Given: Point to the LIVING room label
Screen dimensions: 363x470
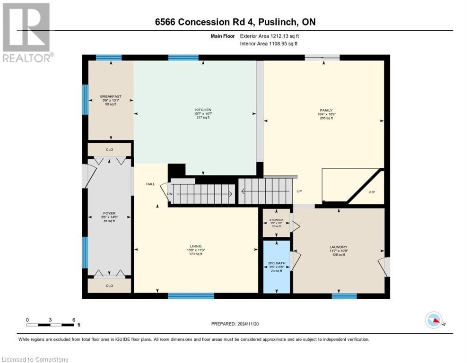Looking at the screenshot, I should (x=196, y=246).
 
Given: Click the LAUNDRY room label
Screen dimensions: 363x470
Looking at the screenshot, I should (x=338, y=247).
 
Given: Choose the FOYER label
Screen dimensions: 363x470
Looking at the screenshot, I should (x=109, y=213).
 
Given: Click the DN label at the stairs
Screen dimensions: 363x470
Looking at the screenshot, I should (x=169, y=193).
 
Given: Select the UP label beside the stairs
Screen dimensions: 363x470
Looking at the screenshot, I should (x=299, y=192).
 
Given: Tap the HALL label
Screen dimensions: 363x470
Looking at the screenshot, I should (x=150, y=184).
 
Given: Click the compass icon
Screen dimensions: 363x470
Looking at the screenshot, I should (x=434, y=320).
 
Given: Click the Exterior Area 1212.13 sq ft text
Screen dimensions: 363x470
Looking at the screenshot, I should (x=269, y=35).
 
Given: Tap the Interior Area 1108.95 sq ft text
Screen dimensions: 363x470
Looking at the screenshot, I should (x=269, y=43).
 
